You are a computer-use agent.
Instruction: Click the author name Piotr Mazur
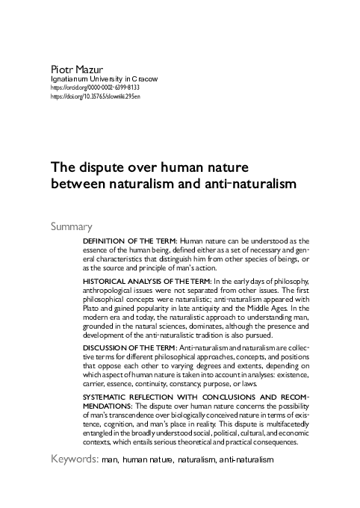click(74, 69)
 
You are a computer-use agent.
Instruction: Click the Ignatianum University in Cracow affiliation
click(104, 78)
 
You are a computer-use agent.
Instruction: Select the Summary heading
click(71, 226)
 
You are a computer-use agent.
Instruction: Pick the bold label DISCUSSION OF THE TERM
click(129, 348)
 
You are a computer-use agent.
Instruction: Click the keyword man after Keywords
click(110, 459)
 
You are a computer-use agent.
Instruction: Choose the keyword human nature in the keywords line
click(148, 459)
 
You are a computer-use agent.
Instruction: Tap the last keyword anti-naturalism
click(246, 459)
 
